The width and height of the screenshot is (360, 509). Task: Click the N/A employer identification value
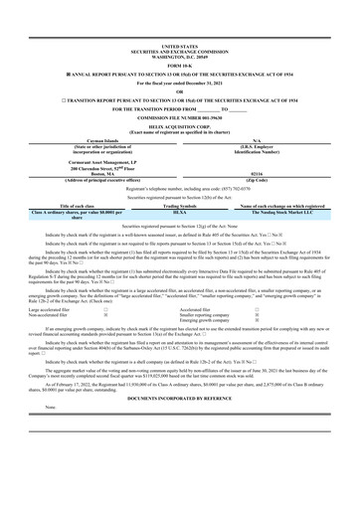click(258, 141)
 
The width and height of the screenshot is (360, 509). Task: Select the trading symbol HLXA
click(179, 213)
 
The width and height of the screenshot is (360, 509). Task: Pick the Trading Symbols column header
click(179, 207)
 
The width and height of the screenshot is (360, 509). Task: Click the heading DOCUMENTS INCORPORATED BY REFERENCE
click(179, 398)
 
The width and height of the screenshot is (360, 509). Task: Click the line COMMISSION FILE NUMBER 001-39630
click(179, 116)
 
